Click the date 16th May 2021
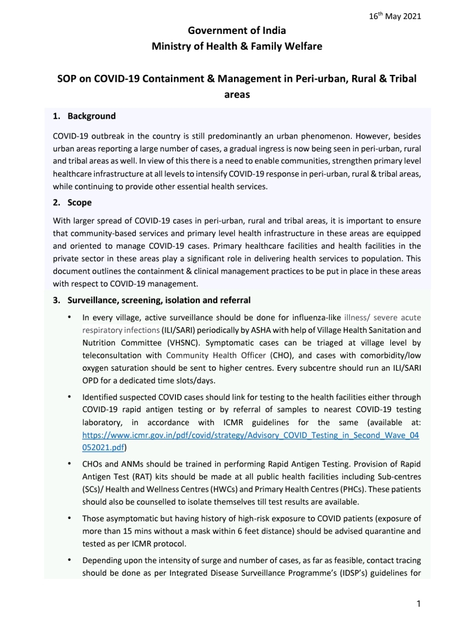pos(395,16)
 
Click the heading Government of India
pos(237,30)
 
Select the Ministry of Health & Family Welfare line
pos(237,46)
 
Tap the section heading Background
pos(91,116)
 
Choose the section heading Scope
pos(79,202)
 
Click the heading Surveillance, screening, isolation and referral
pos(159,300)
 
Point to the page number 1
pos(418,604)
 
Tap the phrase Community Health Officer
pos(216,355)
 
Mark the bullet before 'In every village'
pos(69,317)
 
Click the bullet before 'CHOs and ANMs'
pos(69,464)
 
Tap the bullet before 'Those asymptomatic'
pos(69,519)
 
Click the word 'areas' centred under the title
pos(237,95)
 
